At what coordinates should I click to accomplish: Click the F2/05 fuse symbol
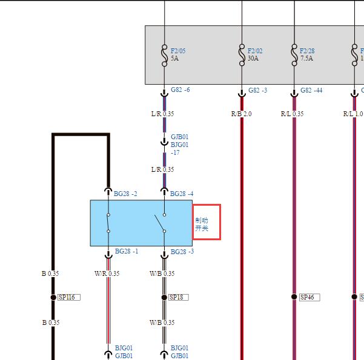tap(164, 55)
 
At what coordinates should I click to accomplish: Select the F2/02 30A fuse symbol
tap(242, 55)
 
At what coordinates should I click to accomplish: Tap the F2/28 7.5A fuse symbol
tap(294, 55)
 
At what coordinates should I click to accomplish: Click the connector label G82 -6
tap(180, 90)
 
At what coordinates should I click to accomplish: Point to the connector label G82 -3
tap(257, 90)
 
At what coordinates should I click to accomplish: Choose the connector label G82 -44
tap(311, 90)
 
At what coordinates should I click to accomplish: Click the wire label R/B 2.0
tap(242, 114)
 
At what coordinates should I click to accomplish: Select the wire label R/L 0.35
tap(292, 114)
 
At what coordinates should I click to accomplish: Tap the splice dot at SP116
tap(53, 297)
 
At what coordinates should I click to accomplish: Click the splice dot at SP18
tap(164, 297)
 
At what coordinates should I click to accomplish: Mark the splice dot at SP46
tap(294, 296)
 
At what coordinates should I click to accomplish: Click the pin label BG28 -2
tap(125, 194)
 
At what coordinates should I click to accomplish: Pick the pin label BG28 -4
tap(182, 194)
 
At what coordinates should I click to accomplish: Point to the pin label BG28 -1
tap(127, 251)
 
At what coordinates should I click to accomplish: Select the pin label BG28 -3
tap(182, 252)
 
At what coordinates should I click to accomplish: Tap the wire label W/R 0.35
tap(107, 273)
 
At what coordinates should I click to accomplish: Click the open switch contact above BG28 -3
tap(160, 223)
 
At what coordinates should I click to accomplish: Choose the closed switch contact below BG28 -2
tap(108, 223)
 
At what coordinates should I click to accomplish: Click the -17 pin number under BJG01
tap(175, 152)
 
